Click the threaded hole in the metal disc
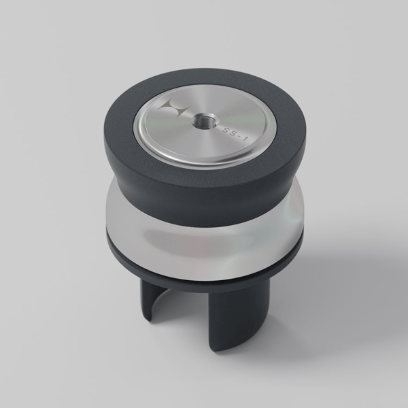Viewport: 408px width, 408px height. coord(200,120)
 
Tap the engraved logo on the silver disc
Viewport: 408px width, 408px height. coord(175,107)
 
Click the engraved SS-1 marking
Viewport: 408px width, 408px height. coord(235,134)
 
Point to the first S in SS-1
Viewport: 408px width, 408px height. coord(225,130)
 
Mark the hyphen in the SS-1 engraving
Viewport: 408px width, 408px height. coord(239,136)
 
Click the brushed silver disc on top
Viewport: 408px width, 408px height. coord(205,126)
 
